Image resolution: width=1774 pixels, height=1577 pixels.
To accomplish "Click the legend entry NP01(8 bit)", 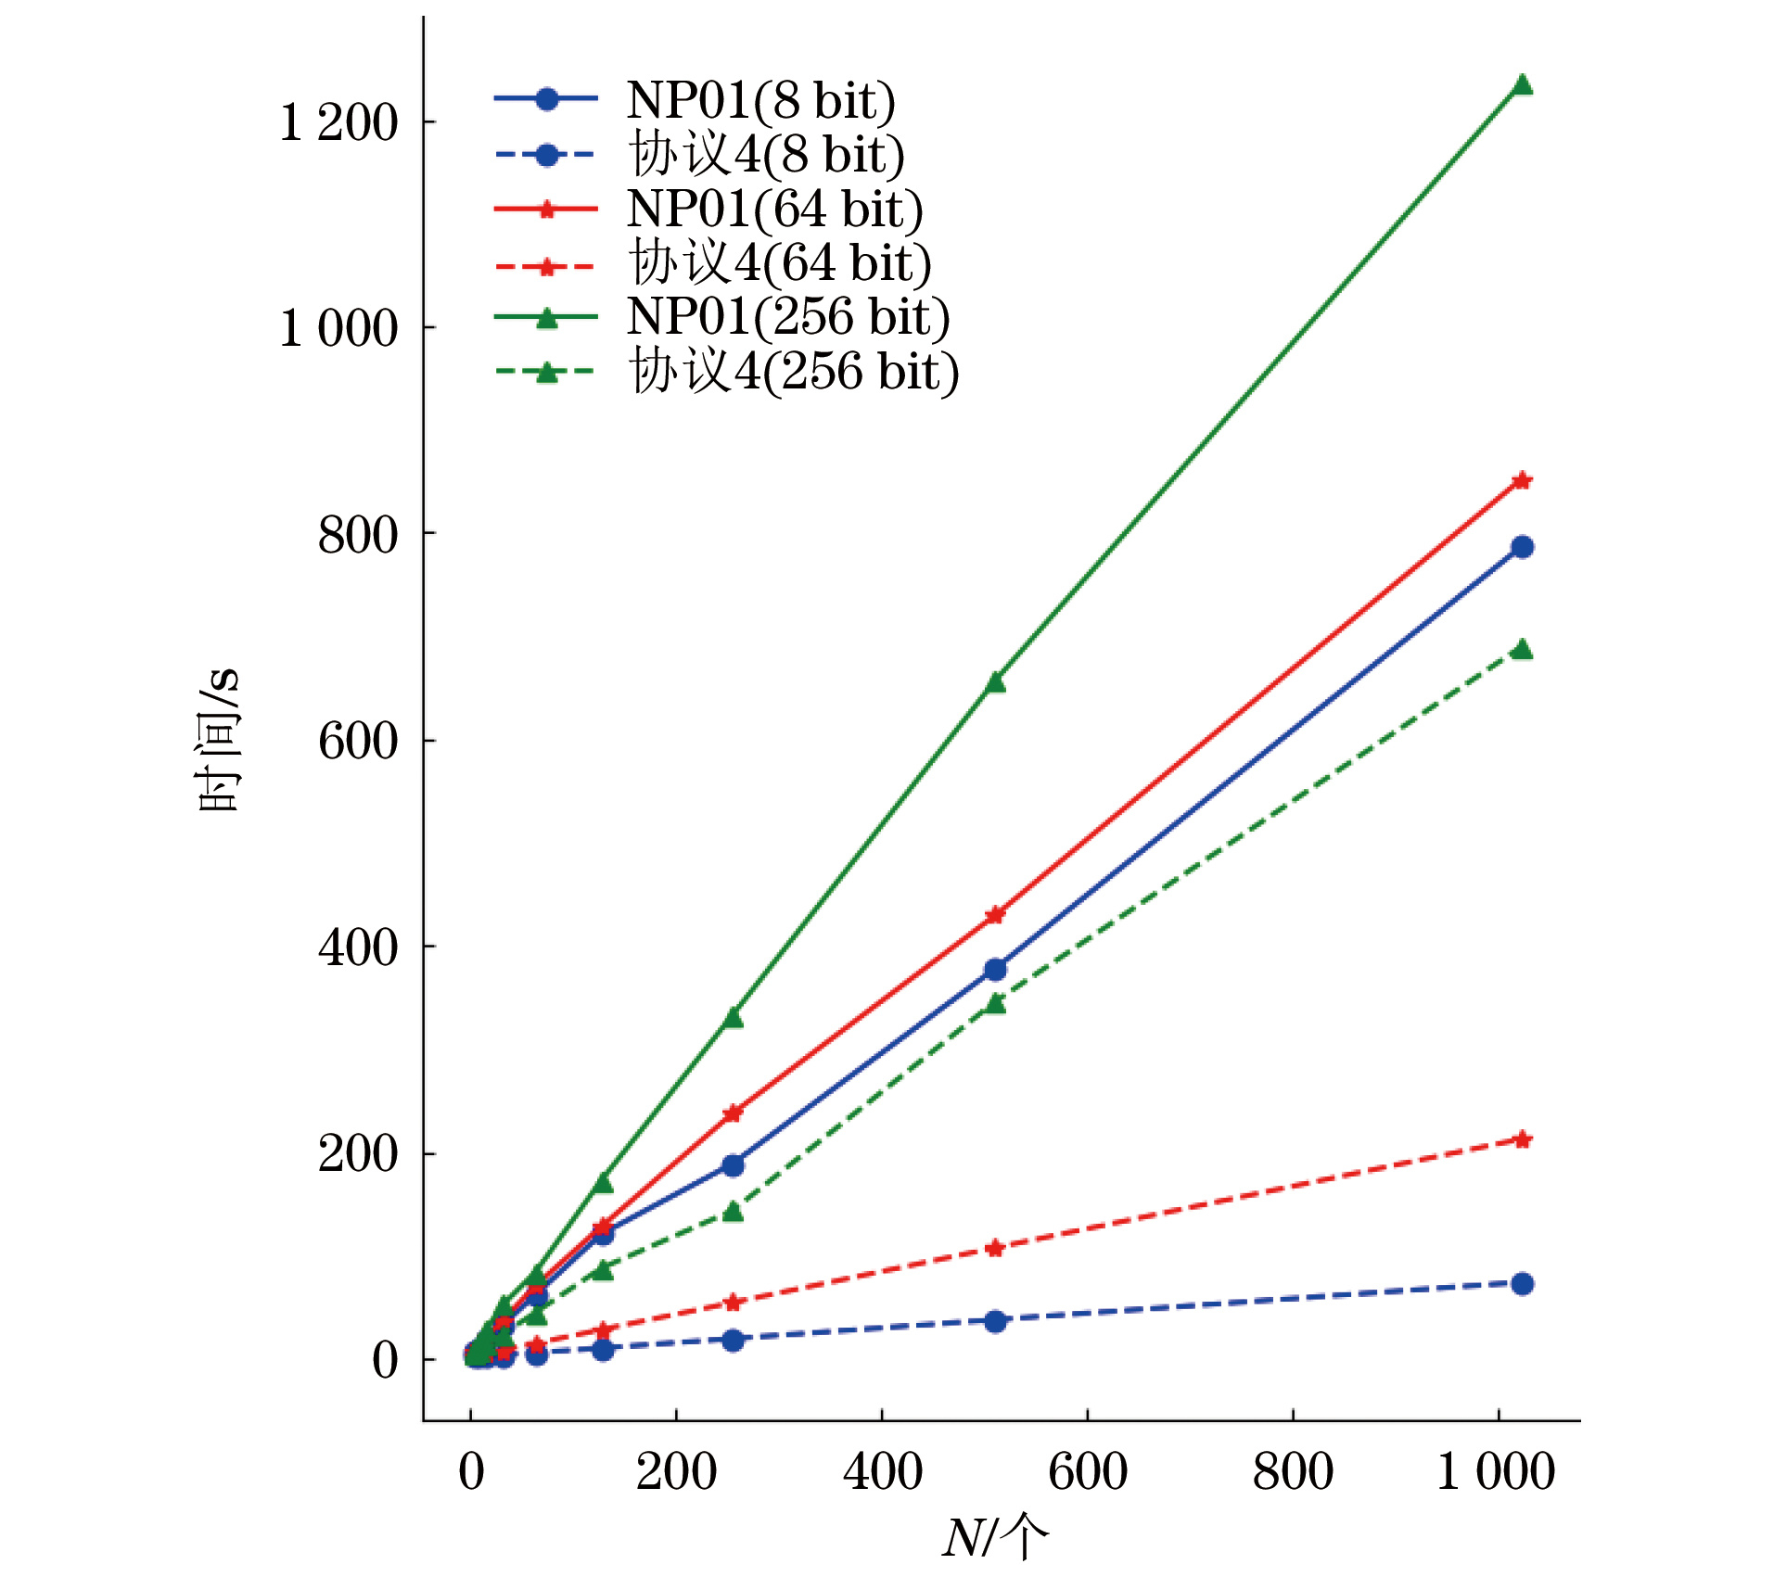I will coord(760,100).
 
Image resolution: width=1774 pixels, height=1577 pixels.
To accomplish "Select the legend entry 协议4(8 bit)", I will coord(766,154).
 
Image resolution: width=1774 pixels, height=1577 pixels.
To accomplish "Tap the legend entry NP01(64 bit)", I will coord(774,209).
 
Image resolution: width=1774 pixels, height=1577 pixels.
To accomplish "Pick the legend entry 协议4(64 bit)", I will coord(780,262).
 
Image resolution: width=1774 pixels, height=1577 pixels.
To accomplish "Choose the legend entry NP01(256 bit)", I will coord(787,317).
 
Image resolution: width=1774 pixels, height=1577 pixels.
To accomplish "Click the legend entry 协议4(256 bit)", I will coord(794,372).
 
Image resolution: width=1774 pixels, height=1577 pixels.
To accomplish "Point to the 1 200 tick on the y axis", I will coord(338,122).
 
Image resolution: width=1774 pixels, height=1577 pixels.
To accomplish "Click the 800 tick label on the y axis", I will coord(358,535).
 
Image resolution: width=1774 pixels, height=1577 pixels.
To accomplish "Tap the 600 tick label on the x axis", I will coord(1087,1471).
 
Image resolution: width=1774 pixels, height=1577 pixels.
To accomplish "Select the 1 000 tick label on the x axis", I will coord(1495,1471).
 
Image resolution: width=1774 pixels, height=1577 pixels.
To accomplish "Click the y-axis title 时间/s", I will coord(219,739).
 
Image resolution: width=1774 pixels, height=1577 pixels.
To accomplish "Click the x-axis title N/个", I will coord(995,1537).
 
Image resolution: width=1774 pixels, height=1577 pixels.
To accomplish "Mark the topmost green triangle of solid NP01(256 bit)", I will coord(1522,85).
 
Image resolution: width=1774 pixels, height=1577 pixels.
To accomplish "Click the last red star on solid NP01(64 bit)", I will coord(1522,480).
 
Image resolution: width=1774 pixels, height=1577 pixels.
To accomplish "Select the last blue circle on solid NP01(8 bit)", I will coord(1522,547).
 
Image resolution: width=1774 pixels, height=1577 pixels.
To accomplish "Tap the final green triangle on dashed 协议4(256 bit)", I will coord(1522,649).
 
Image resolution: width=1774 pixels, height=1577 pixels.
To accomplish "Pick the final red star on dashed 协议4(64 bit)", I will coord(1522,1139).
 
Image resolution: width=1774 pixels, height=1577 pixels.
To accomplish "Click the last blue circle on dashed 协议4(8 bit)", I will coord(1522,1284).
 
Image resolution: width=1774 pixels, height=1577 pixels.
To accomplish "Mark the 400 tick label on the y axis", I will coord(358,947).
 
